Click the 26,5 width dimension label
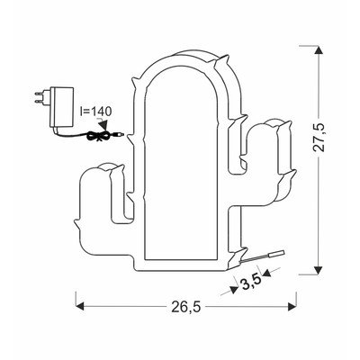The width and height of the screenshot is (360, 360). point(186,307)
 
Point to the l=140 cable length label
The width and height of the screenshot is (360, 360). point(96,112)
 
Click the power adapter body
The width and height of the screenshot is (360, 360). point(61,107)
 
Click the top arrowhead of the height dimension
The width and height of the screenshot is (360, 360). point(319,50)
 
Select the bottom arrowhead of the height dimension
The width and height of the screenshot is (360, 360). point(319,270)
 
